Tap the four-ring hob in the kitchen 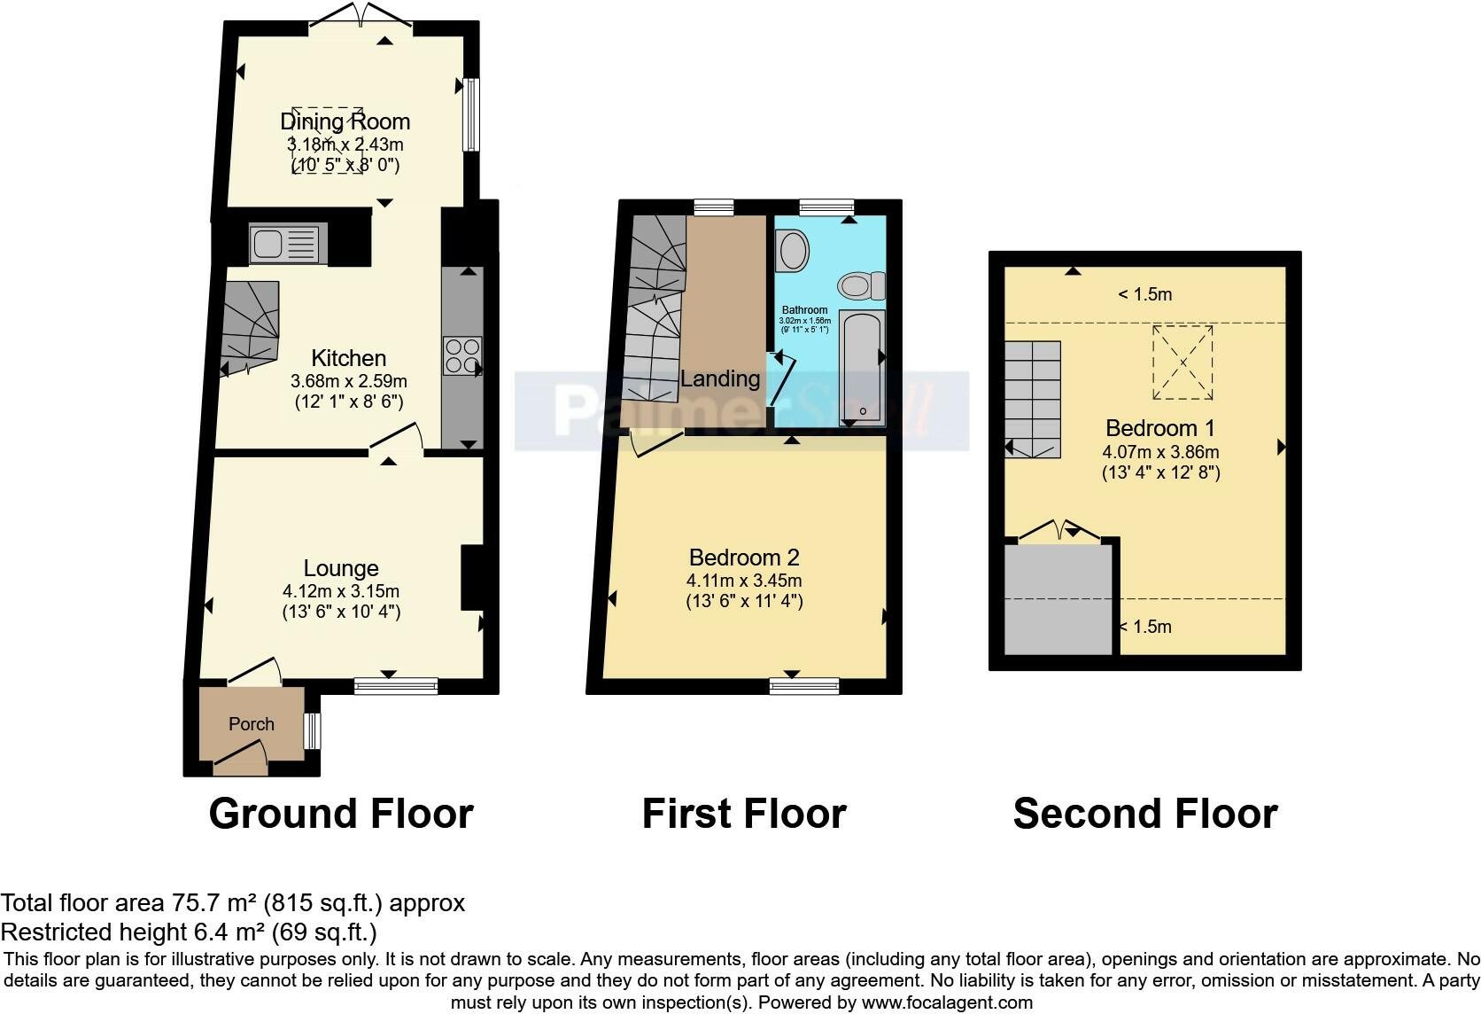[463, 356]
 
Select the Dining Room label [345, 121]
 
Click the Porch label [252, 724]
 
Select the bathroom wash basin [792, 251]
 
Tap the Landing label [720, 378]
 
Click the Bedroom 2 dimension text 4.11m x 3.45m [744, 581]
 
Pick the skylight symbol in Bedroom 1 [1182, 363]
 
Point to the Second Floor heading [1144, 814]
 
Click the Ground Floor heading [341, 814]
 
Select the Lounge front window [395, 685]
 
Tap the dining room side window [472, 115]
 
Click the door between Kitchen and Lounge [396, 442]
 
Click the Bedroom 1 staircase [1033, 399]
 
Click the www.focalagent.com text [947, 1002]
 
